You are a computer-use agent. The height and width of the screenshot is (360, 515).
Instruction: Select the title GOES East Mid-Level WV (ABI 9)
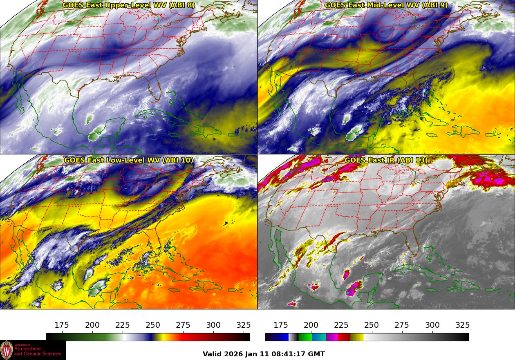386,5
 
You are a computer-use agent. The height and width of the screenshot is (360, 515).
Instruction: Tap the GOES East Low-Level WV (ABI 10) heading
129,160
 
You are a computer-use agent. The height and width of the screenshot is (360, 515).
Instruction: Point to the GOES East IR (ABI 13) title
386,160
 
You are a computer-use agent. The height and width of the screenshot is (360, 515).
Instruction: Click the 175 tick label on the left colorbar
62,325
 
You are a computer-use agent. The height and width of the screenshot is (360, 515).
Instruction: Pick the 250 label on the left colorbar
153,325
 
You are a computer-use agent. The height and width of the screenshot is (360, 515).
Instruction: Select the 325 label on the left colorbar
244,325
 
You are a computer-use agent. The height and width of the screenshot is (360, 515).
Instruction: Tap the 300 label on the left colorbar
213,325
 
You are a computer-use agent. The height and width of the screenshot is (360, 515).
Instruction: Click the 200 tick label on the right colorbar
311,325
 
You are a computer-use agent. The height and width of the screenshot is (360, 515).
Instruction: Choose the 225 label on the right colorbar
341,325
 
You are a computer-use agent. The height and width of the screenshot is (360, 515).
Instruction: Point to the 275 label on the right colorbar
402,325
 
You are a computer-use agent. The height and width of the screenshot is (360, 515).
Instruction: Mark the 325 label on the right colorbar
463,325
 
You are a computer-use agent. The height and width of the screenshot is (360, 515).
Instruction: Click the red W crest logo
7,350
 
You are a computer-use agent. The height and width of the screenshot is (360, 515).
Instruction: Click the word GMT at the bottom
317,354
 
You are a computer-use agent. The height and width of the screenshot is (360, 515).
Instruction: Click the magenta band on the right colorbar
332,337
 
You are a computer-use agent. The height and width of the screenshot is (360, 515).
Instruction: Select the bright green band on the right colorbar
305,337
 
